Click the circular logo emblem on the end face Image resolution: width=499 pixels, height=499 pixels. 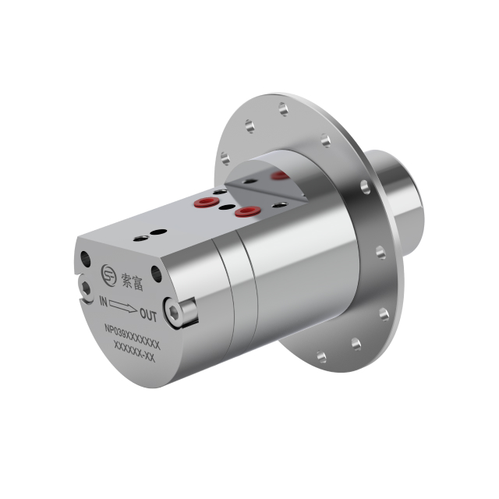tap(109, 274)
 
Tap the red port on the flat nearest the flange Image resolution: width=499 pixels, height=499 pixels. tap(249, 211)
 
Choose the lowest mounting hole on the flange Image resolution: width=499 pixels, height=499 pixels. tap(321, 357)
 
